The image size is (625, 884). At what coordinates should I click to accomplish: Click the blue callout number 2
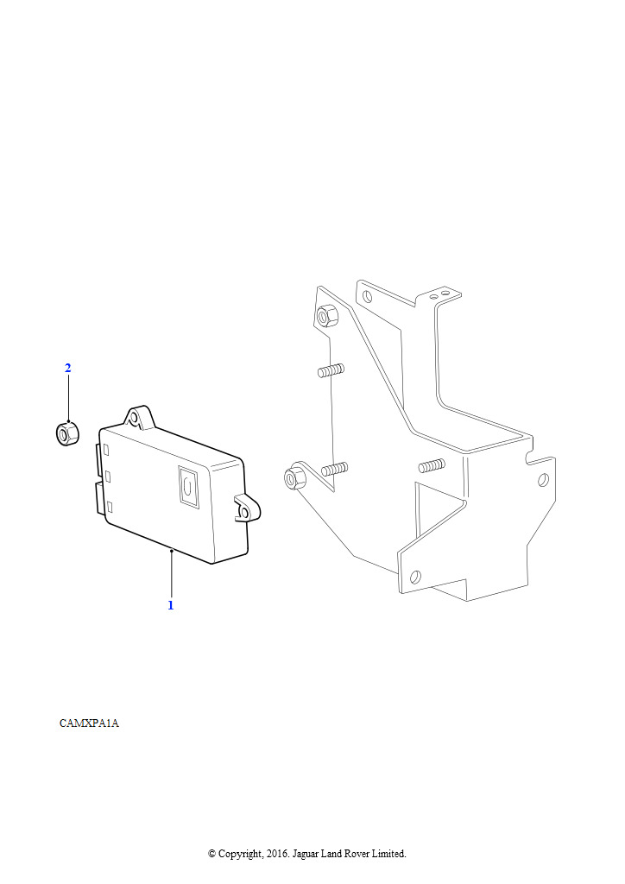click(67, 368)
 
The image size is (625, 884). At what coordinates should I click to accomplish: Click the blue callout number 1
click(171, 605)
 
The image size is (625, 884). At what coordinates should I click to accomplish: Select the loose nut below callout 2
click(67, 433)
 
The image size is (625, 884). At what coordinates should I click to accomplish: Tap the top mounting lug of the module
click(137, 417)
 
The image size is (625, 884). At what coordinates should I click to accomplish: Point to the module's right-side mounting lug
click(247, 509)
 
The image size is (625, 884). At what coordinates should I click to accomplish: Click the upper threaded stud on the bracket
click(331, 370)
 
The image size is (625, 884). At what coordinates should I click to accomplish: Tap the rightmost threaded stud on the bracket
click(432, 465)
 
